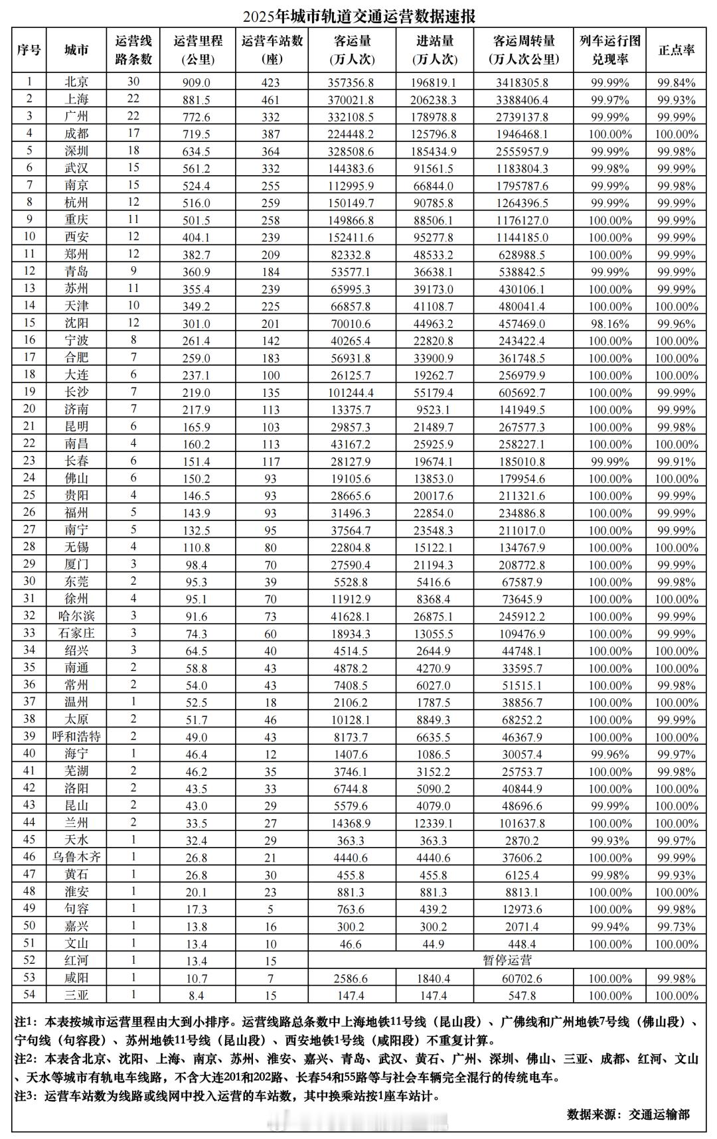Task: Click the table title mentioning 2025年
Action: point(358,15)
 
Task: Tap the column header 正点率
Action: point(676,50)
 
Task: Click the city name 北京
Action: point(76,82)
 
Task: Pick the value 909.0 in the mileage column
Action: point(197,82)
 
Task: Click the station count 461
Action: point(271,100)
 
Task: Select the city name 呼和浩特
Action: point(76,737)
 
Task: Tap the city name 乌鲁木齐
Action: point(76,858)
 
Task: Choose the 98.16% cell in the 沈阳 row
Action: point(610,324)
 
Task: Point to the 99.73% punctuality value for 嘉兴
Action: point(676,927)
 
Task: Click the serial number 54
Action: point(29,994)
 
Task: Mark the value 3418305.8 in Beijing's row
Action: point(521,82)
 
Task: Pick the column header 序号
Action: point(29,50)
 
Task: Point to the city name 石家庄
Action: point(76,633)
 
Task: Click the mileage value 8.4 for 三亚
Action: point(197,994)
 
